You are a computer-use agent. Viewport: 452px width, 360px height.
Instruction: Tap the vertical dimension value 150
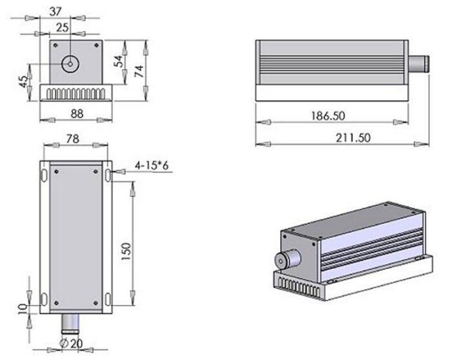127,249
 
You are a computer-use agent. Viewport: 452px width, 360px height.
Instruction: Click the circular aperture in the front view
69,63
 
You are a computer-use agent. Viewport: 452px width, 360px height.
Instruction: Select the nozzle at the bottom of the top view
70,321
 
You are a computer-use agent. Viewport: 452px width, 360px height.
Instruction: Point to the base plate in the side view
333,93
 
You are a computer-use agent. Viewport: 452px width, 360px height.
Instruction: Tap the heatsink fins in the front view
76,94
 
